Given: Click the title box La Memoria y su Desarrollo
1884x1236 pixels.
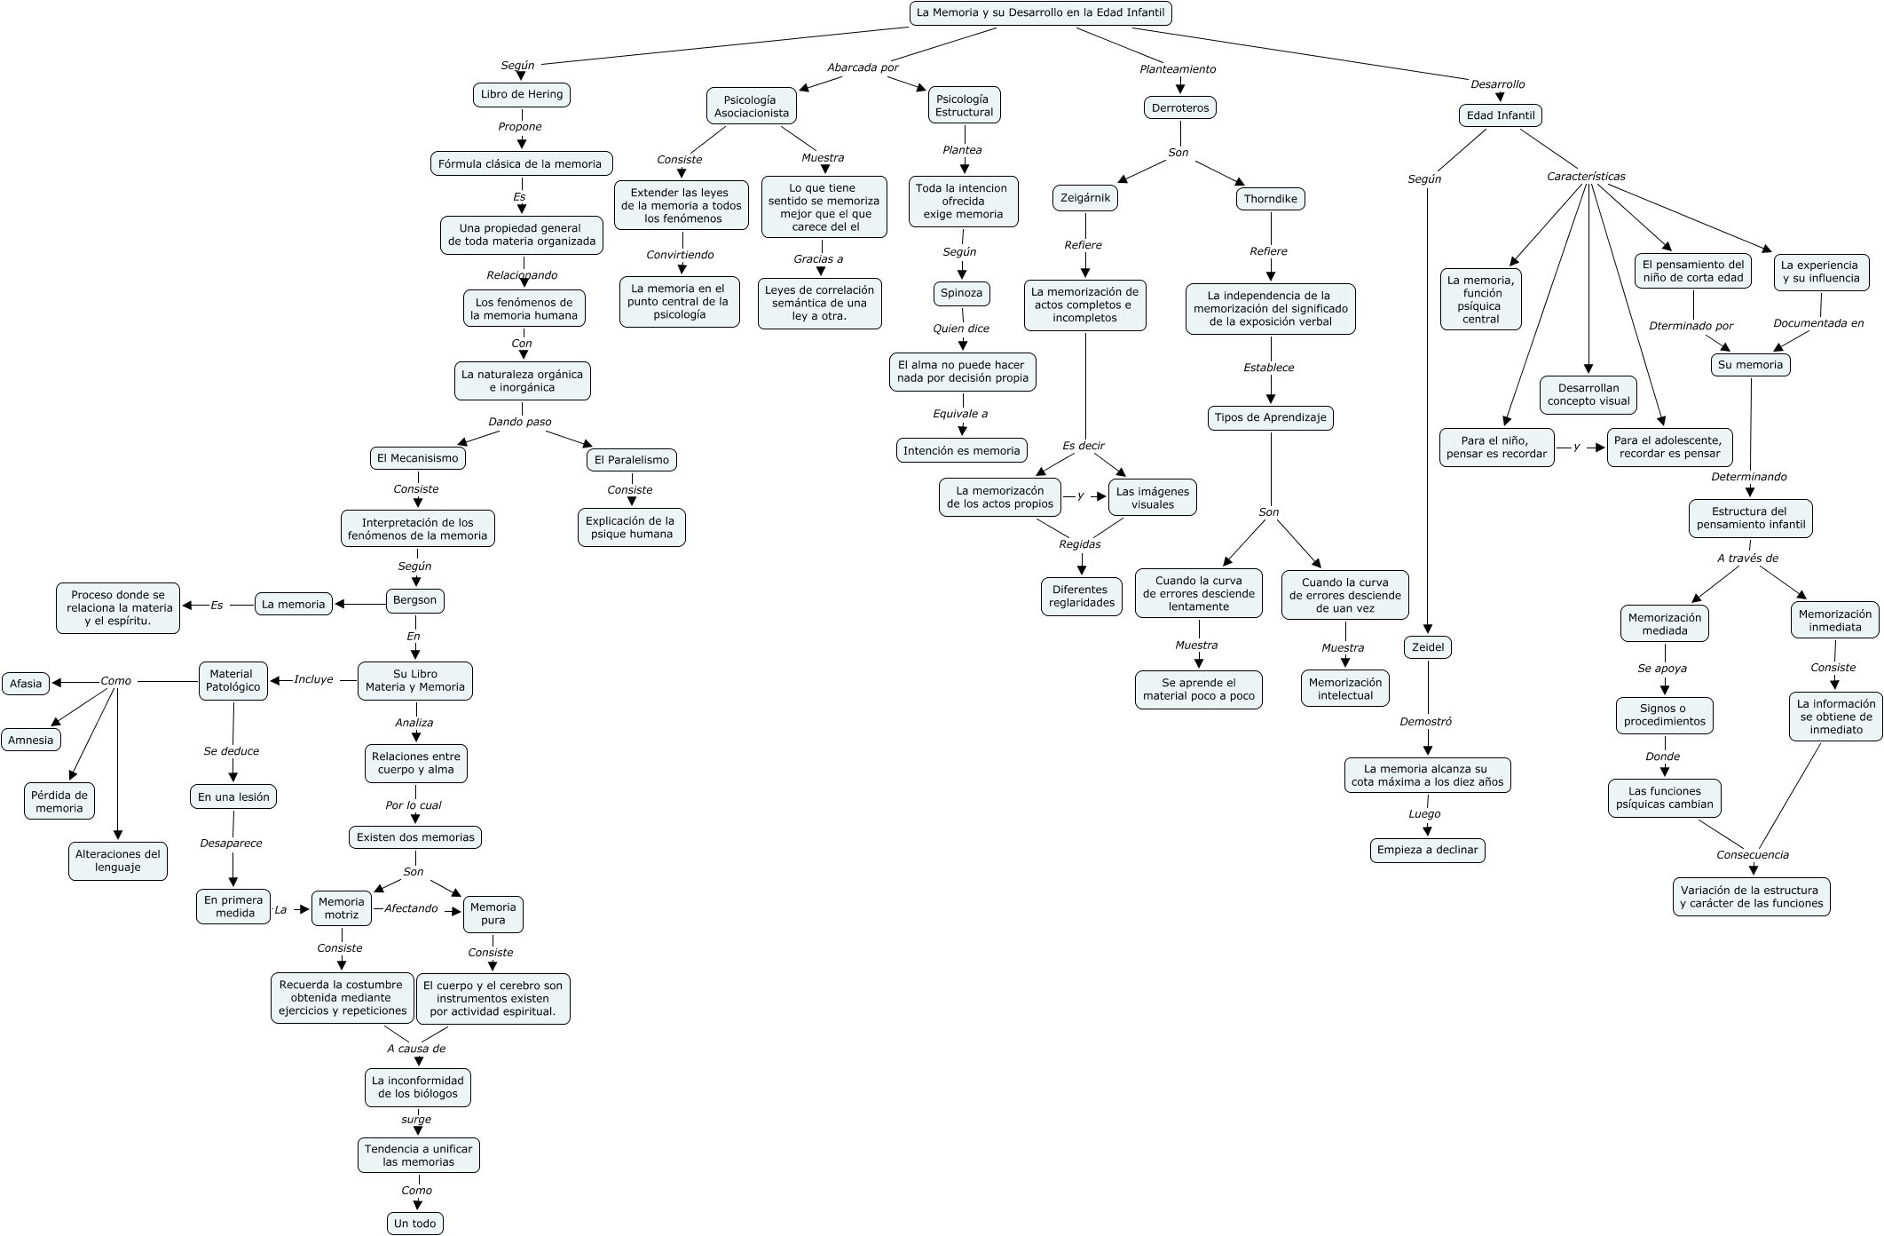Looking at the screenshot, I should [1040, 13].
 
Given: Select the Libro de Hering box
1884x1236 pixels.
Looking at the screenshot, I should [521, 95].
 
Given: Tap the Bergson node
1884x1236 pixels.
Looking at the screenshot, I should [414, 600].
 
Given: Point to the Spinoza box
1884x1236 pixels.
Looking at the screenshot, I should [961, 293].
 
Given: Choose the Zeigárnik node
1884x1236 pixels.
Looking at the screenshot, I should [1085, 198].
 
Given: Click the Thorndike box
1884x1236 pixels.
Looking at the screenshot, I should [1270, 199].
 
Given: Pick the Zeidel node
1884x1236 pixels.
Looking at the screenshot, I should [1427, 647].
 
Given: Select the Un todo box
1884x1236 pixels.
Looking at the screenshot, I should [414, 1224].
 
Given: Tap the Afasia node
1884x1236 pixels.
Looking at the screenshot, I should [26, 684].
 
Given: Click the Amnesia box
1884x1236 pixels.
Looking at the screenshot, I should [31, 740].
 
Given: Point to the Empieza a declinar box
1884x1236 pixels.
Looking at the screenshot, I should [1427, 850].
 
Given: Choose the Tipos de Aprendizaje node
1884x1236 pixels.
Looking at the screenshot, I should [1270, 417].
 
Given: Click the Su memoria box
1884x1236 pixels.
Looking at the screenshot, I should [1749, 365].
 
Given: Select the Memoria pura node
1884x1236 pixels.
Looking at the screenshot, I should [493, 914].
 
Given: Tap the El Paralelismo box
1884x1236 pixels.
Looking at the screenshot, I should [631, 460].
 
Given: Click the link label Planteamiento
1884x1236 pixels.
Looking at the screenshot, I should [1178, 69].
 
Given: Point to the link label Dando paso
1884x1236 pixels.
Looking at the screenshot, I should [519, 422].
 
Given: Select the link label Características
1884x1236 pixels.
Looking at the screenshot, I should [1586, 177].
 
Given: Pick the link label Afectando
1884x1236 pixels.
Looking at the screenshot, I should [411, 908].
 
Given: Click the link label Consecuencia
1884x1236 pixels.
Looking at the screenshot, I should [1752, 855].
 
